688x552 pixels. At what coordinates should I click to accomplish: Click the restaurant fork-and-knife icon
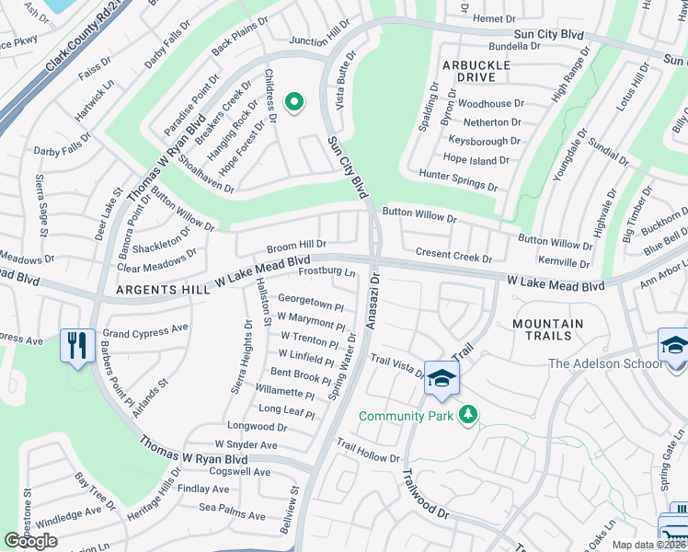[x=76, y=347]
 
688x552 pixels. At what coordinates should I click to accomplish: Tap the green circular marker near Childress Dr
[x=294, y=102]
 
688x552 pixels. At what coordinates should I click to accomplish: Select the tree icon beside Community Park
[x=469, y=415]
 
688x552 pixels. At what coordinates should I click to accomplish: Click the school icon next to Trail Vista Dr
[x=441, y=379]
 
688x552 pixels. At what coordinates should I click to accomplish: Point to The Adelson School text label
[x=605, y=363]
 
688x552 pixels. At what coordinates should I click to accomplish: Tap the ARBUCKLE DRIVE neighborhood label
[x=476, y=72]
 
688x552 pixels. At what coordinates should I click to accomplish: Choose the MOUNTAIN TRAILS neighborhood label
[x=548, y=330]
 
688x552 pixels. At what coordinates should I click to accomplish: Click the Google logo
[x=31, y=541]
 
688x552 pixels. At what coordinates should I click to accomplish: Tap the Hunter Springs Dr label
[x=457, y=179]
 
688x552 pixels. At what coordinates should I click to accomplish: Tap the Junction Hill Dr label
[x=319, y=34]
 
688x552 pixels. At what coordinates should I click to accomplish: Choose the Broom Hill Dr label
[x=296, y=246]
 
